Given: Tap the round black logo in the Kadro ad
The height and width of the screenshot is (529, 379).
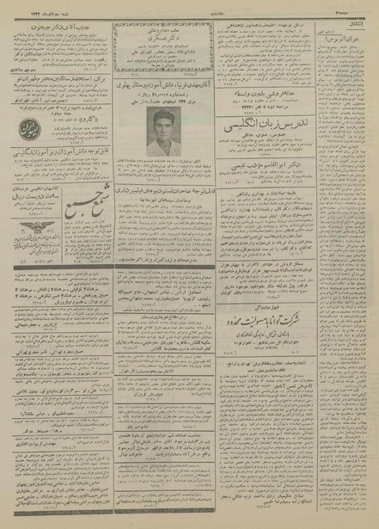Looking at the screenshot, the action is click(x=25, y=132).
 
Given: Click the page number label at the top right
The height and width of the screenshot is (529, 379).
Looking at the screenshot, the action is click(x=352, y=7).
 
